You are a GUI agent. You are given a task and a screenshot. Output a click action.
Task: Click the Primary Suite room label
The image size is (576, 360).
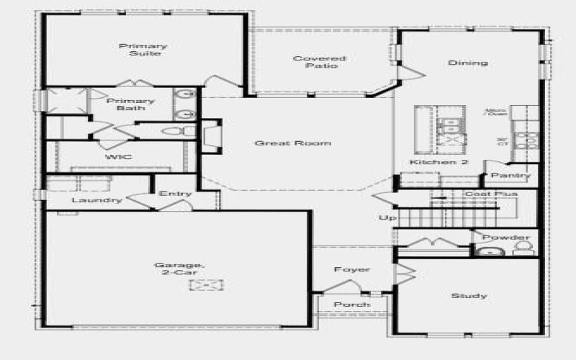pyautogui.click(x=140, y=50)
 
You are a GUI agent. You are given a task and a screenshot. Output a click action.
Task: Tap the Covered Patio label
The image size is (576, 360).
pyautogui.click(x=319, y=62)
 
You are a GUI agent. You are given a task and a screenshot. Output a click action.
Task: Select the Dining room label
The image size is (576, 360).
pyautogui.click(x=467, y=63)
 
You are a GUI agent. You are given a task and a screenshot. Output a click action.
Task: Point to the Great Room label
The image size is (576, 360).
pyautogui.click(x=293, y=143)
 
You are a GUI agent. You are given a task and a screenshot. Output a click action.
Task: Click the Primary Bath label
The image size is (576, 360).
pyautogui.click(x=130, y=104)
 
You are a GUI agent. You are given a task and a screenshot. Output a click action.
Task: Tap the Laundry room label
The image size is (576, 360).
pyautogui.click(x=96, y=199)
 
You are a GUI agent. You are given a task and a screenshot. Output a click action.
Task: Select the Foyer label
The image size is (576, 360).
pyautogui.click(x=352, y=269)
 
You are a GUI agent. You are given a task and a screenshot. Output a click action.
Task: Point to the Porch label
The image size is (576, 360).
pyautogui.click(x=352, y=305)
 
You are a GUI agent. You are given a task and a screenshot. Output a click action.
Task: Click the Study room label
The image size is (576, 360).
pyautogui.click(x=469, y=295)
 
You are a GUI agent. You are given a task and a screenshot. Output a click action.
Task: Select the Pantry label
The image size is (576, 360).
pyautogui.click(x=512, y=175)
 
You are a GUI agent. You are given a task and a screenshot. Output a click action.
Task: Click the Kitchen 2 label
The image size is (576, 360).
pyautogui.click(x=439, y=163)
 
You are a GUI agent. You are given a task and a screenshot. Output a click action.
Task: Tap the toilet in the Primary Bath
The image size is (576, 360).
pyautogui.click(x=176, y=132)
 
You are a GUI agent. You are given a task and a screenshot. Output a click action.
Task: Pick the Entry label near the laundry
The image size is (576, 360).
pyautogui.click(x=175, y=193)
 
